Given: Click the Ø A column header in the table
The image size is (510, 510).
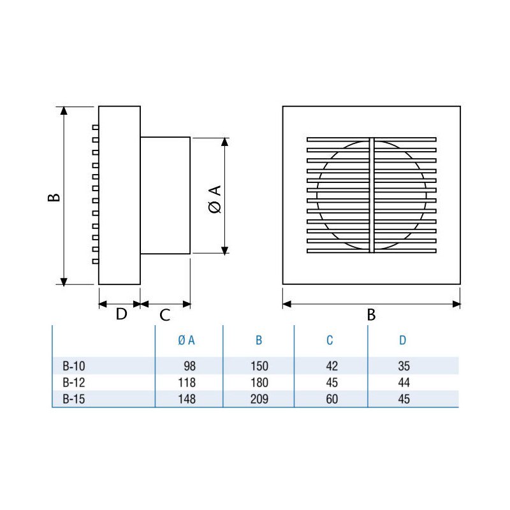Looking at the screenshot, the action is [186, 340].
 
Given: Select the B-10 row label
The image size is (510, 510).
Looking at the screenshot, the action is [74, 366].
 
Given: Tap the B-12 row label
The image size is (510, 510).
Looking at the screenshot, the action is [74, 382].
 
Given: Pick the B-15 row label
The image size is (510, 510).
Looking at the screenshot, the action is [74, 399].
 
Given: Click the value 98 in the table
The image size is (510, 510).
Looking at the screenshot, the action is [189, 366].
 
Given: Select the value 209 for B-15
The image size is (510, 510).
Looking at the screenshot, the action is [259, 399].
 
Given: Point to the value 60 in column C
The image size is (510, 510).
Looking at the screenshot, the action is [331, 399].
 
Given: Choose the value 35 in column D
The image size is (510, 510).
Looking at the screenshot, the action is [404, 366].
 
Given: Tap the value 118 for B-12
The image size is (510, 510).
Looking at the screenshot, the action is [187, 382].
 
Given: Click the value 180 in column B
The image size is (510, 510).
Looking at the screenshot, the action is [259, 382].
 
